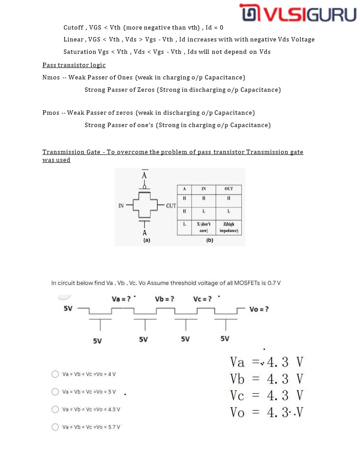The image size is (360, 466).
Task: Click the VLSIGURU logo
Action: click(298, 14)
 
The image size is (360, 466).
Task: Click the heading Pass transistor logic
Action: click(74, 65)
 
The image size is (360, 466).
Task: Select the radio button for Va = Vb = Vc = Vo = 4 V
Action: click(55, 374)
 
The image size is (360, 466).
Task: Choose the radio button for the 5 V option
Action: click(55, 392)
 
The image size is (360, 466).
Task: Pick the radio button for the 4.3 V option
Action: click(55, 410)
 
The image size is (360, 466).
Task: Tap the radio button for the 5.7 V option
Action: click(55, 427)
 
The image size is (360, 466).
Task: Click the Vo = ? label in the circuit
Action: click(259, 309)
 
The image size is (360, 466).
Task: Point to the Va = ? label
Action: click(121, 299)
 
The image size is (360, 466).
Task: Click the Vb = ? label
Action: click(165, 299)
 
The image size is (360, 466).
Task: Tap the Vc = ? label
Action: click(202, 299)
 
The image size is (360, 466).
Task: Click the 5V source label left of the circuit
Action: click(68, 308)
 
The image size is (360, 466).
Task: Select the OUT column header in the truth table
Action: click(229, 189)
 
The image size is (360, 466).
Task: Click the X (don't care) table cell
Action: click(203, 227)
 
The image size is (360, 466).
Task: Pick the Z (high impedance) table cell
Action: click(229, 227)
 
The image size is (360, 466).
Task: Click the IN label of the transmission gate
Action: click(121, 206)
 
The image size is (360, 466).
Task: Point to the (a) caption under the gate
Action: click(146, 241)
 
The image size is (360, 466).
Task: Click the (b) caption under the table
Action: click(210, 241)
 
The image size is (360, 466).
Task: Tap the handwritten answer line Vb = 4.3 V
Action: click(267, 379)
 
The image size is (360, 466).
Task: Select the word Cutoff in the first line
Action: click(73, 27)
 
